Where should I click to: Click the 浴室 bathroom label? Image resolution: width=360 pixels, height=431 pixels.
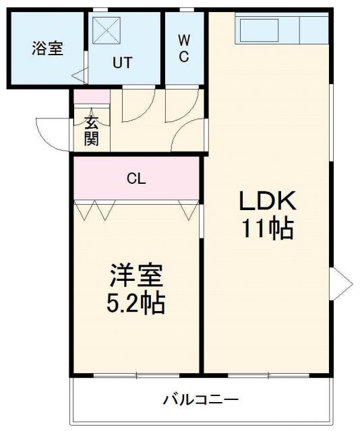point(47,49)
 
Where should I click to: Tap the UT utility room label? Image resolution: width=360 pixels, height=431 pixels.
point(122,63)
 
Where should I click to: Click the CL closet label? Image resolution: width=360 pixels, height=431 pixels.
point(136,178)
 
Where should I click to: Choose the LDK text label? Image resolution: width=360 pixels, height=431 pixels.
point(267,201)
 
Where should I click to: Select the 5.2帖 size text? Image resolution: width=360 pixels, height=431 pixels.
point(136,304)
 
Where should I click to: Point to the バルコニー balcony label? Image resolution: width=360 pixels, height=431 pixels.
point(201,400)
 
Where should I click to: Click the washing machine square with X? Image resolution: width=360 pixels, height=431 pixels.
point(106,30)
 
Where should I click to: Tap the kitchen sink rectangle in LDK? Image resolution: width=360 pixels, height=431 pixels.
point(259,29)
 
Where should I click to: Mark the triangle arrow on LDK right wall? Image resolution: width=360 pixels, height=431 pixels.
point(340,279)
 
